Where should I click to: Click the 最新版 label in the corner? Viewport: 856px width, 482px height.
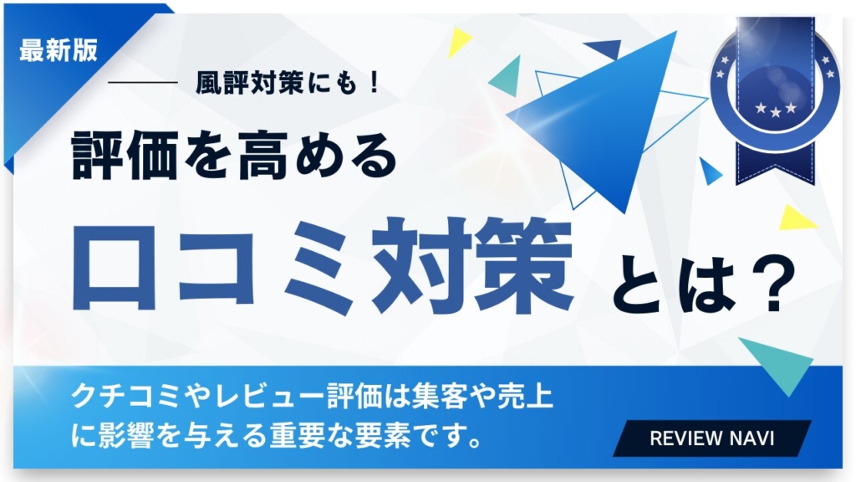point(58,49)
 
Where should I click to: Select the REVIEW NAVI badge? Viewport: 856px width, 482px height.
point(712,438)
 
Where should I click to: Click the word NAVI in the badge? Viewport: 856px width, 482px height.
point(752,438)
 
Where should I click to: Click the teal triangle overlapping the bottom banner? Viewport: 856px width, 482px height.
point(780,361)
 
